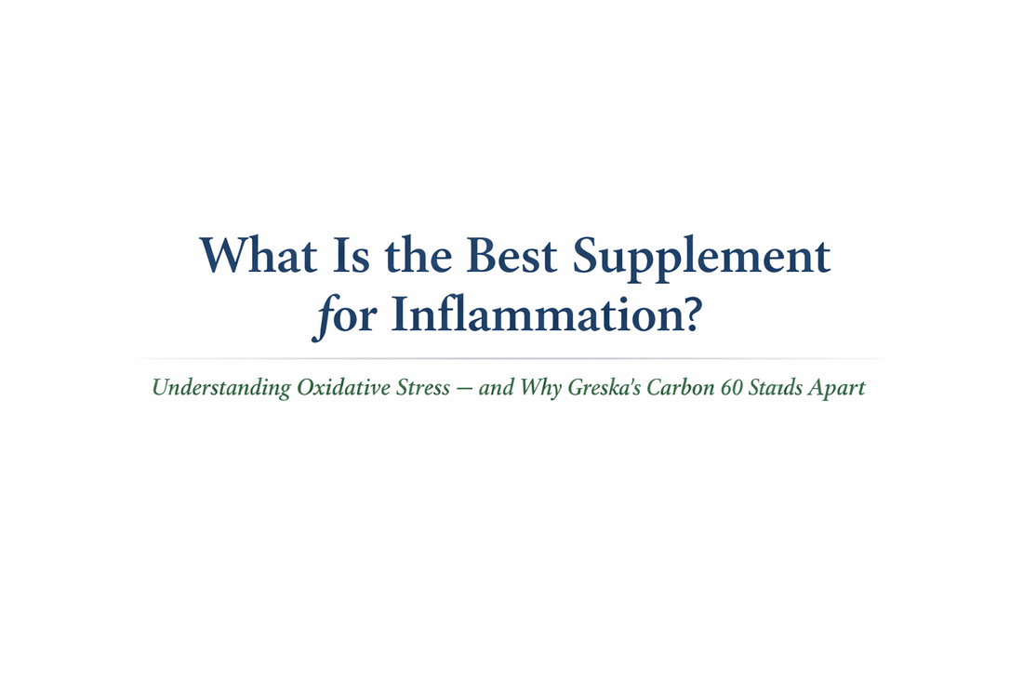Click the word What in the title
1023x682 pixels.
point(258,254)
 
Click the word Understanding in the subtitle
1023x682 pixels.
point(220,388)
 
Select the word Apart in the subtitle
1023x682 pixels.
point(837,388)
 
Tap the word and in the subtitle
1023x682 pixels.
point(497,387)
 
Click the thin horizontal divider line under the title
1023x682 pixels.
point(511,358)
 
